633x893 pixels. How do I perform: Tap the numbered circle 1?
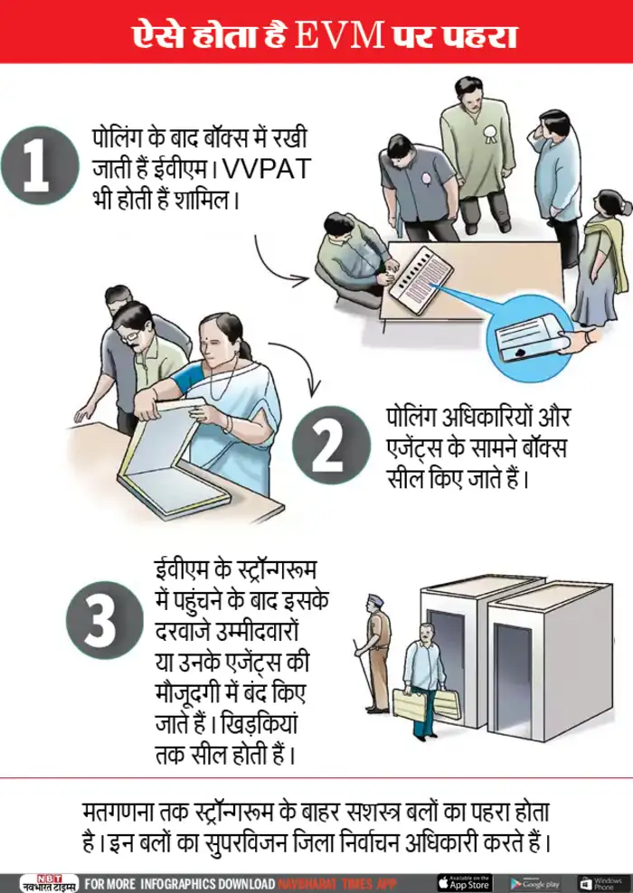coord(39,165)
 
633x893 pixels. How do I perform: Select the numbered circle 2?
coord(331,445)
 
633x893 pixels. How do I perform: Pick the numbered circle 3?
coord(104,620)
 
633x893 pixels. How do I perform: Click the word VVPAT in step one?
coord(266,170)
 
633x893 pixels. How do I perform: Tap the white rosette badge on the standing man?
coord(488,133)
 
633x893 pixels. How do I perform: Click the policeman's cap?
coord(375,599)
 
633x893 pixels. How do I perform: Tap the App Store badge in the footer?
coord(465,883)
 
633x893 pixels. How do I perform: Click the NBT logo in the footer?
coord(49,883)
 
